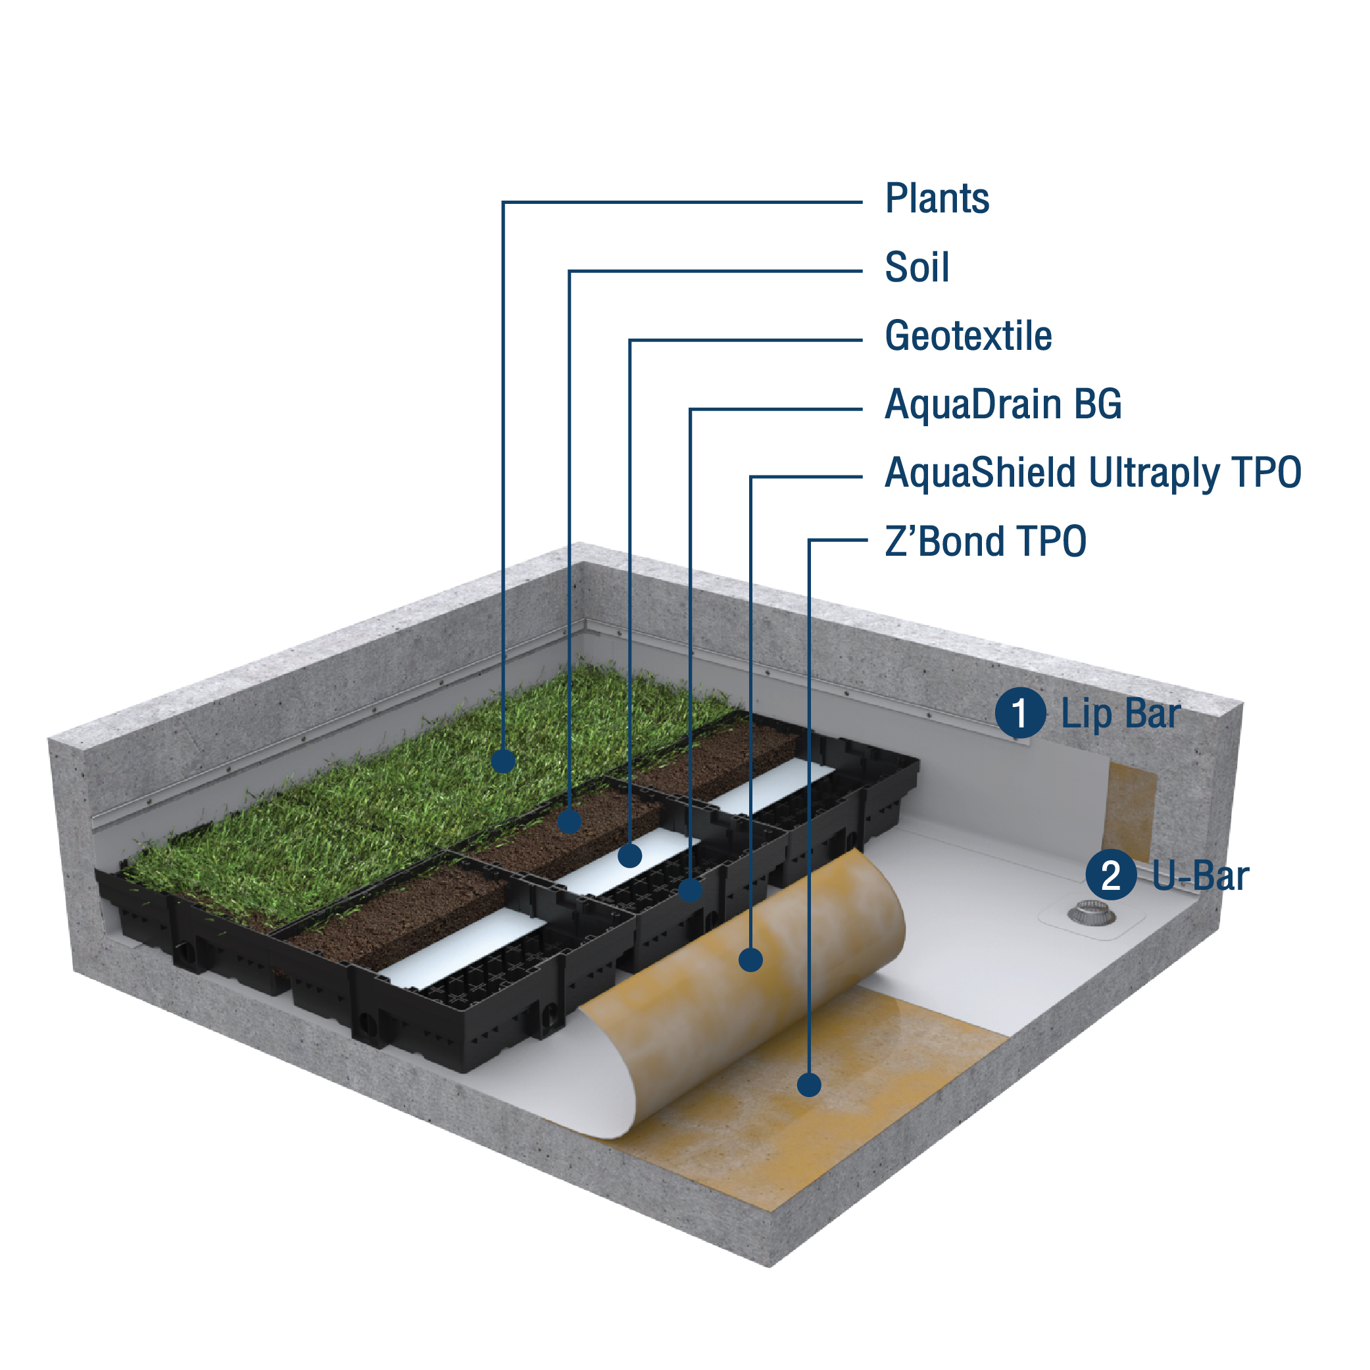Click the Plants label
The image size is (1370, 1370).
[937, 199]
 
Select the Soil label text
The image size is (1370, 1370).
[916, 268]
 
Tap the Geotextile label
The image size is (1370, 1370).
[968, 336]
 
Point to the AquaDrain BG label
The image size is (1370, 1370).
[1003, 405]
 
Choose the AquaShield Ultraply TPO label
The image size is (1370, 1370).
[1092, 474]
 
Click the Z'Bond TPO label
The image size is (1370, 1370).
[985, 543]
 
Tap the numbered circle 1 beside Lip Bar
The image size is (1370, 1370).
[1019, 714]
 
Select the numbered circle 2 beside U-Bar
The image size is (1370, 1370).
[1110, 875]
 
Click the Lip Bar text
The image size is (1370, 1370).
[1120, 714]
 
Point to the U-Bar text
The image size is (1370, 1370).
[1200, 876]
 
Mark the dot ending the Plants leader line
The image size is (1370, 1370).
[503, 761]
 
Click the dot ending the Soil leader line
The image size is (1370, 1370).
[570, 821]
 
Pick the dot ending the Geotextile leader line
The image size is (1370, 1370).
[629, 856]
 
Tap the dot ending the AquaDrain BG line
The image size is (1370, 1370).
[691, 890]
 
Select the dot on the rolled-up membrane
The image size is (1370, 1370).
[751, 960]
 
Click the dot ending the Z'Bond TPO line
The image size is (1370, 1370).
[809, 1085]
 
